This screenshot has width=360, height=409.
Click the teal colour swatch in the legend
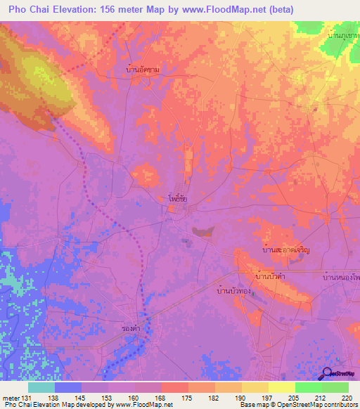41,387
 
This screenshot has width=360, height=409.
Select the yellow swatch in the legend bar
281,387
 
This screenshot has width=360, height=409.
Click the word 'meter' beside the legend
11,397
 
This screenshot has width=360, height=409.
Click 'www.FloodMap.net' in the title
226,9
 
